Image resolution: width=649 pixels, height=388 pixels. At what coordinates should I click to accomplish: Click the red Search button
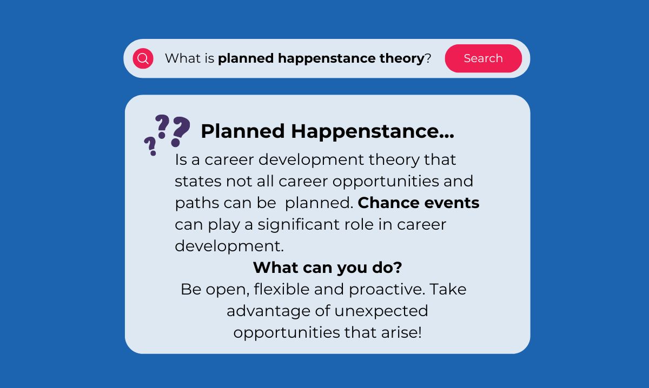[x=483, y=58]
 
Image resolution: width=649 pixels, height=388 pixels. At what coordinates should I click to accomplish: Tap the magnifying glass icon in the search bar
[x=143, y=58]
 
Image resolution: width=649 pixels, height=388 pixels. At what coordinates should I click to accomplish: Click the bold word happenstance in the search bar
[x=325, y=58]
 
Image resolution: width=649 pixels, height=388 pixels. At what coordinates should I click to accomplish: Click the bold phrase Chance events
[x=419, y=203]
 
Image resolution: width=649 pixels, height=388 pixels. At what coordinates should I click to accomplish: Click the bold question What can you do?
[x=327, y=267]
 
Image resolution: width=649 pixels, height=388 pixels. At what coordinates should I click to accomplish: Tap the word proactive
[x=387, y=289]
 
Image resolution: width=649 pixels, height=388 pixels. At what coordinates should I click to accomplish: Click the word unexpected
[x=381, y=311]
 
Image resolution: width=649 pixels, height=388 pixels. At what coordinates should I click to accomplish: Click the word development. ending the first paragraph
[x=229, y=246]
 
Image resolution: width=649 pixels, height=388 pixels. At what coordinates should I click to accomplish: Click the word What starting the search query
[x=183, y=58]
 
